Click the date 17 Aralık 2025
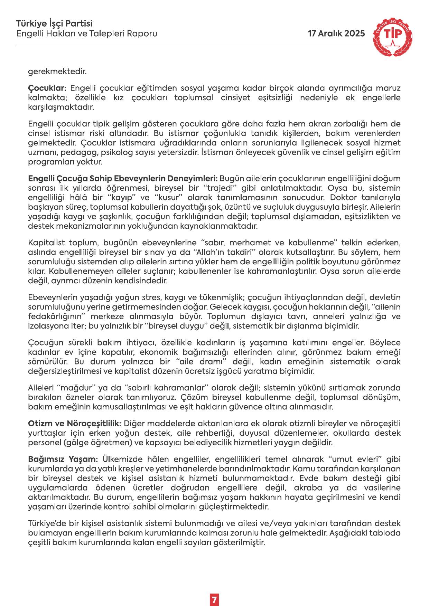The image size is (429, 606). point(336,34)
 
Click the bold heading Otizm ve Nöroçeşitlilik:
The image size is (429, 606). point(74,423)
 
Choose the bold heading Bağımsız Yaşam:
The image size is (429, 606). point(63,459)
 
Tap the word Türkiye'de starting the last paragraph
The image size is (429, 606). point(46,523)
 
